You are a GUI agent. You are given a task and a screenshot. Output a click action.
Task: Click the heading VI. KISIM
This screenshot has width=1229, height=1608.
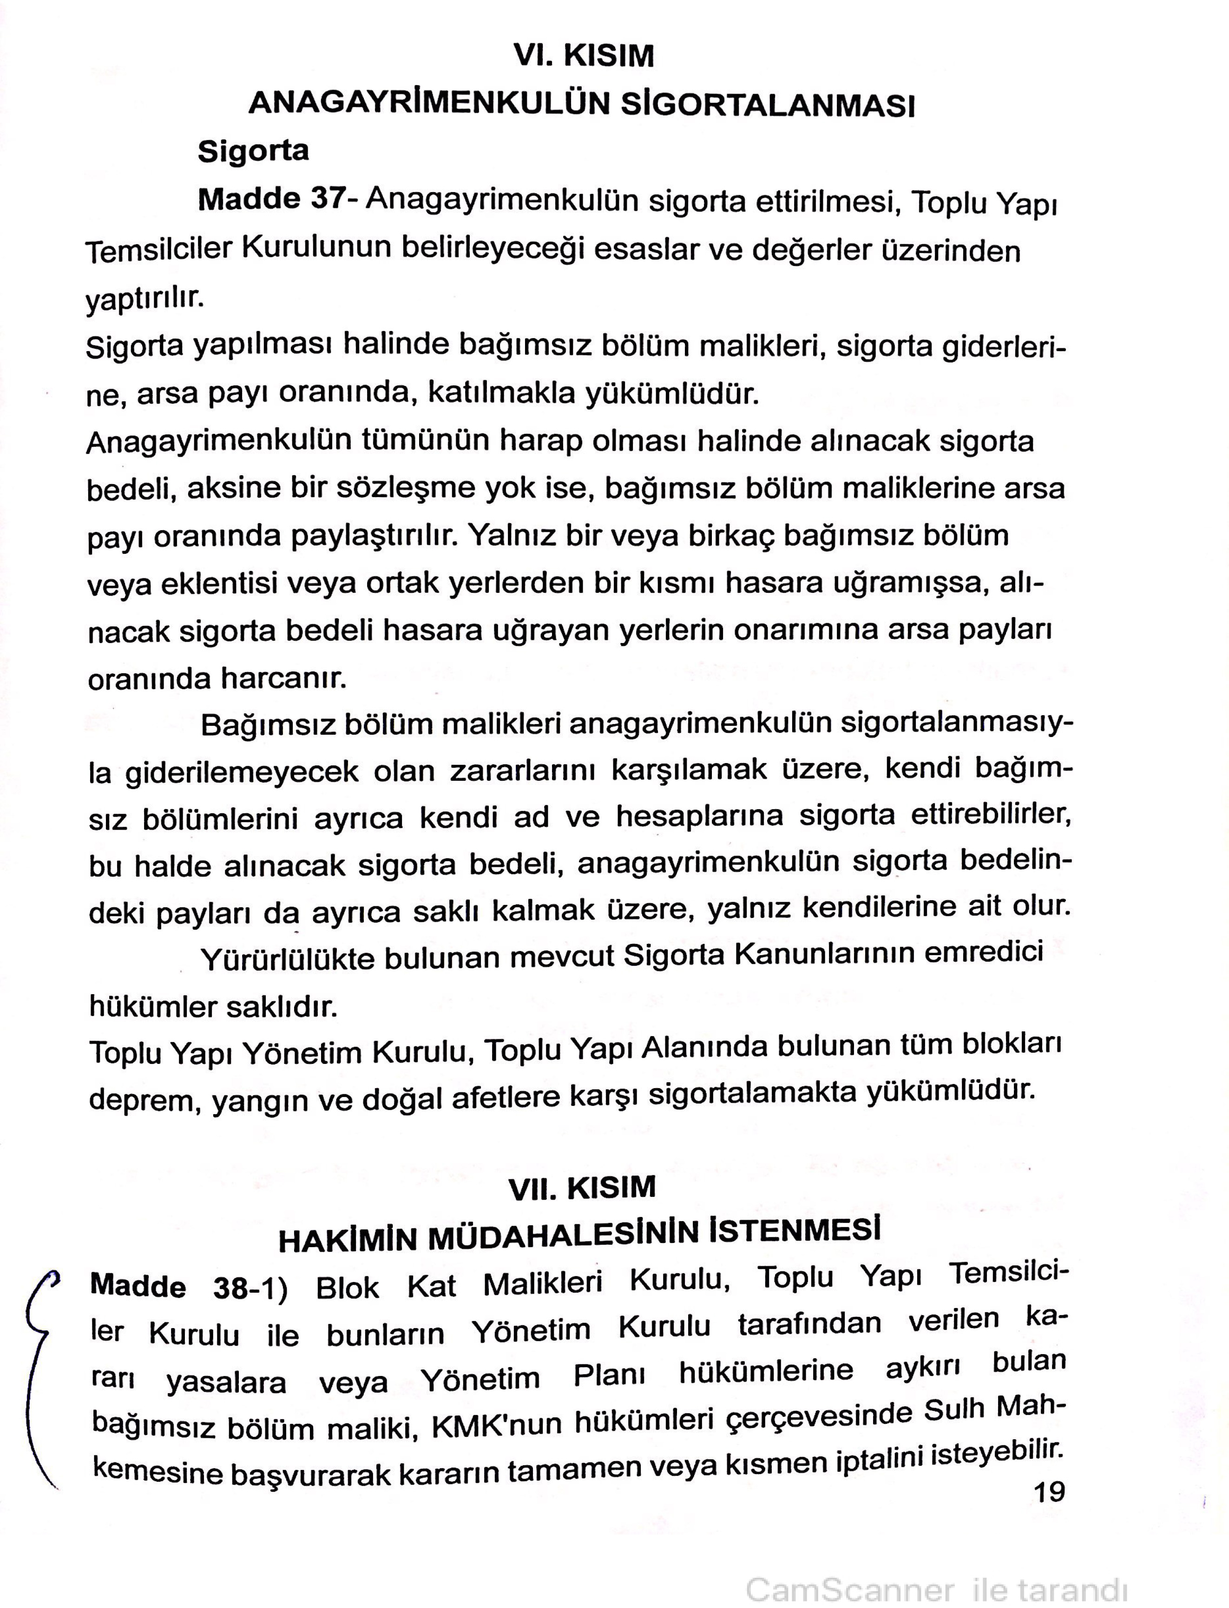pos(583,56)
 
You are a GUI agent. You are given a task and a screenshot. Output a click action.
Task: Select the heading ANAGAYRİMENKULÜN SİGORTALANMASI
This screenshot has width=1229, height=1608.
pos(582,105)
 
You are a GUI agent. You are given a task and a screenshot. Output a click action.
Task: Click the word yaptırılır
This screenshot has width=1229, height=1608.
pos(144,298)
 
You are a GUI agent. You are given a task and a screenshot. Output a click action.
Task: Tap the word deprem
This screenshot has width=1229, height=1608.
pos(144,1102)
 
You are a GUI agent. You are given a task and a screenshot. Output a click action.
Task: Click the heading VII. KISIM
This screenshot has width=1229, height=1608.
pos(582,1188)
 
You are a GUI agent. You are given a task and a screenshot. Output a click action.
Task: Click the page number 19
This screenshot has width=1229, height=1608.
pos(1049,1492)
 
